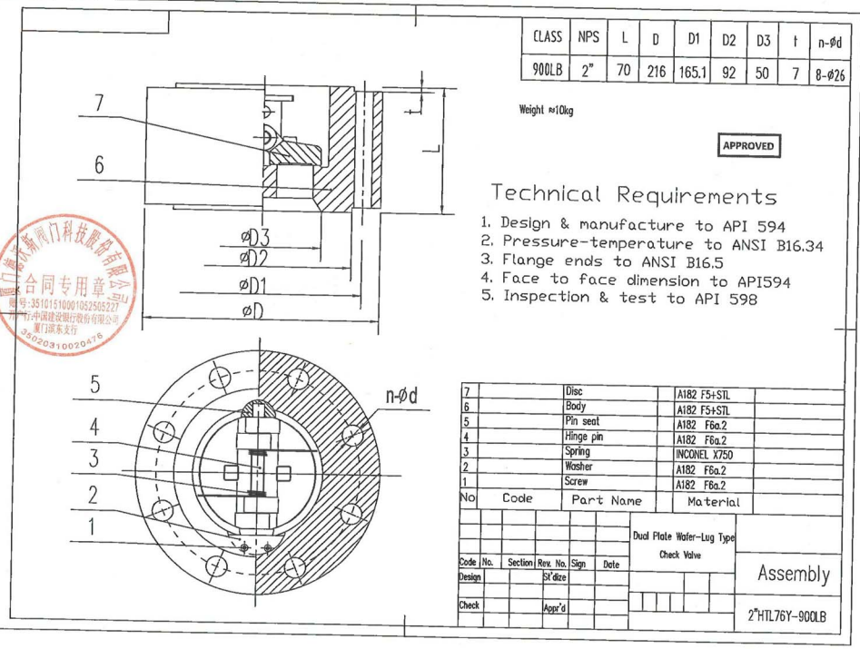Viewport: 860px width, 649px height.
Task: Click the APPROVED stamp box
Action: [748, 145]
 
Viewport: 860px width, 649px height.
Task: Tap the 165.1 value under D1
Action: [693, 72]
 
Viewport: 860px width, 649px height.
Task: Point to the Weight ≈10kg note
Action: [546, 110]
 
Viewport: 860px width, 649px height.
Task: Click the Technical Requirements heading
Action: [634, 194]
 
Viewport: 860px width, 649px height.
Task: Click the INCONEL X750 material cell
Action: [706, 451]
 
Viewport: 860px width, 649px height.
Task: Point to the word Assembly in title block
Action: [793, 574]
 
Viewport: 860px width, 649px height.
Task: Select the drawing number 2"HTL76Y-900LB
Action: [786, 615]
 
